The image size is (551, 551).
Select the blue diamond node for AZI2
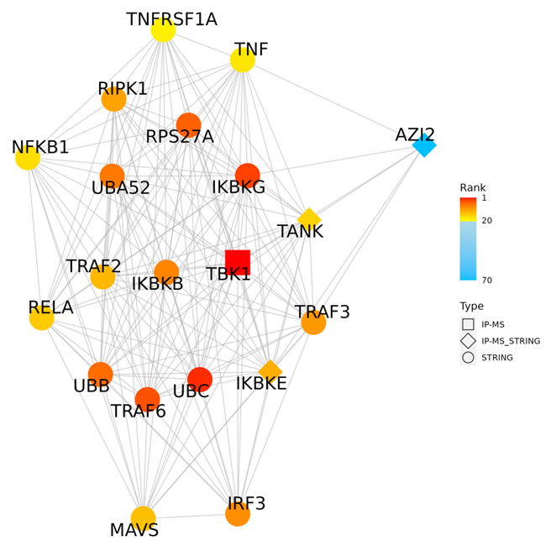click(x=424, y=145)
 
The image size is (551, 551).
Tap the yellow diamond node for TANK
click(x=309, y=220)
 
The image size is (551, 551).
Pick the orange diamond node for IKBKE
click(x=270, y=371)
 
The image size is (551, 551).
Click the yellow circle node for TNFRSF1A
click(x=163, y=29)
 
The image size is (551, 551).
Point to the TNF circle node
click(x=243, y=60)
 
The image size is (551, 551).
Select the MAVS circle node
click(x=144, y=518)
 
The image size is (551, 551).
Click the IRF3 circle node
click(x=238, y=514)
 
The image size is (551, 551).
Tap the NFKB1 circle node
click(x=28, y=157)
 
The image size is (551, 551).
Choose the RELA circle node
click(x=42, y=317)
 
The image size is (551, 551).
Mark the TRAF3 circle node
click(x=313, y=323)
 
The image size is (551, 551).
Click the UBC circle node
click(x=200, y=379)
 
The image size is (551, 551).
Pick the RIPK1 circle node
click(x=114, y=99)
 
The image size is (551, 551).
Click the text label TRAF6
click(x=139, y=412)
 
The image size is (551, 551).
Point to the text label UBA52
click(x=121, y=188)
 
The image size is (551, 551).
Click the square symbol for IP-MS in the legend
click(x=468, y=323)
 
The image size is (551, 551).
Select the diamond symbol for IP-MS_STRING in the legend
click(x=468, y=340)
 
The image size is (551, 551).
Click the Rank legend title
click(x=472, y=187)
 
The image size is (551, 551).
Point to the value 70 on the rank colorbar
click(x=487, y=278)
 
